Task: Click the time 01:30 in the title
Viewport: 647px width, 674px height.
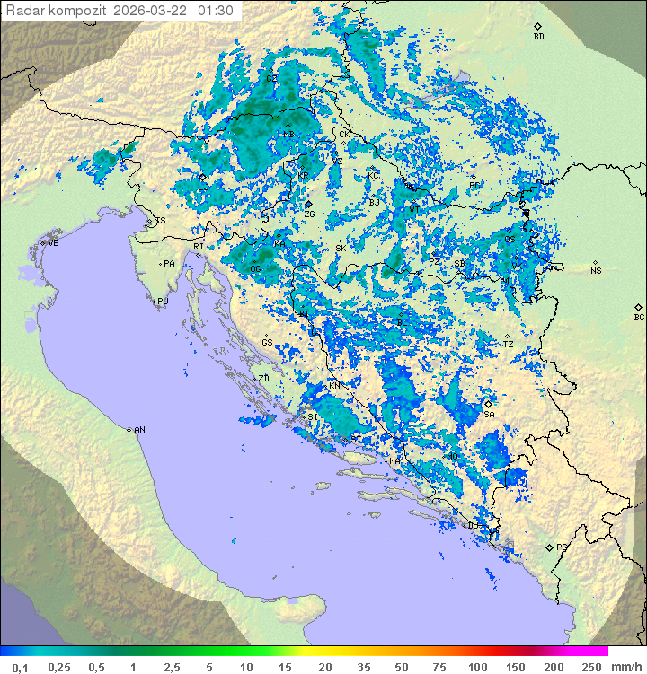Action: coord(216,11)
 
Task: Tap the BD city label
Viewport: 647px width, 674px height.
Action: coord(538,37)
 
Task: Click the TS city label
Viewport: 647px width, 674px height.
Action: coord(161,221)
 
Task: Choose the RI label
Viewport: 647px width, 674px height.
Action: coord(199,246)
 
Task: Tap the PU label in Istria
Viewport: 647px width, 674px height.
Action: coord(163,302)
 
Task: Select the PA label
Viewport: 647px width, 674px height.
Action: coord(168,264)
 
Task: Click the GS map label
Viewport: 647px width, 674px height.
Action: coord(267,343)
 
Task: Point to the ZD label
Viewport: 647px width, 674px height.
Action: coord(263,379)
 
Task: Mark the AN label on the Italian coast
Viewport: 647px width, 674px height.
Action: coord(139,430)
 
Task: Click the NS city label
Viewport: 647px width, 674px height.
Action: coord(596,270)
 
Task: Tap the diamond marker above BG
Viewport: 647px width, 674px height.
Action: coord(639,307)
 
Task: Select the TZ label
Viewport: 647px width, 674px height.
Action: coord(508,344)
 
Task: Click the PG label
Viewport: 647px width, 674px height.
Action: coord(563,547)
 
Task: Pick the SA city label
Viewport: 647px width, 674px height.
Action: coord(489,415)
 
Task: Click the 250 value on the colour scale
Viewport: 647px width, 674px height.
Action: coord(590,667)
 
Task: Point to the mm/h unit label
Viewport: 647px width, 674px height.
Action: coord(625,667)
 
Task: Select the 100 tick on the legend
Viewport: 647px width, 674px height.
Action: coord(477,667)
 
